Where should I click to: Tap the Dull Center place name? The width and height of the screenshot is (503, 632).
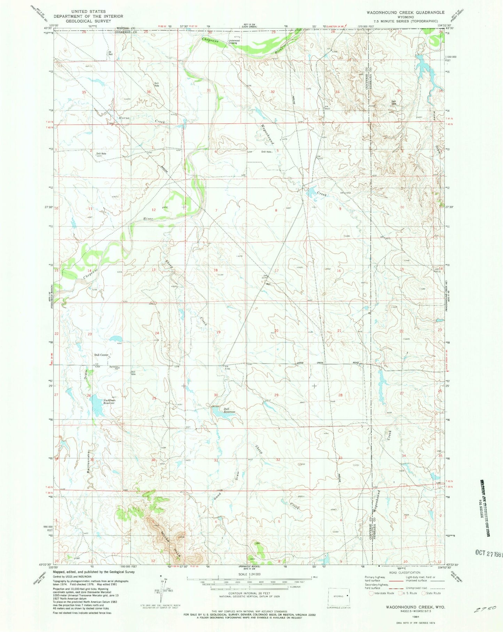(x=101, y=355)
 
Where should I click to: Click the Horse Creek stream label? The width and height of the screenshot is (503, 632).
(x=141, y=120)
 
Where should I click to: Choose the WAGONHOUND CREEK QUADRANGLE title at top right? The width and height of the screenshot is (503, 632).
(x=405, y=12)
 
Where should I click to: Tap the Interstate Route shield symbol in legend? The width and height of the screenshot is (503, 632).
(x=371, y=593)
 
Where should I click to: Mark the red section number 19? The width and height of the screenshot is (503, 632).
(x=218, y=332)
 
